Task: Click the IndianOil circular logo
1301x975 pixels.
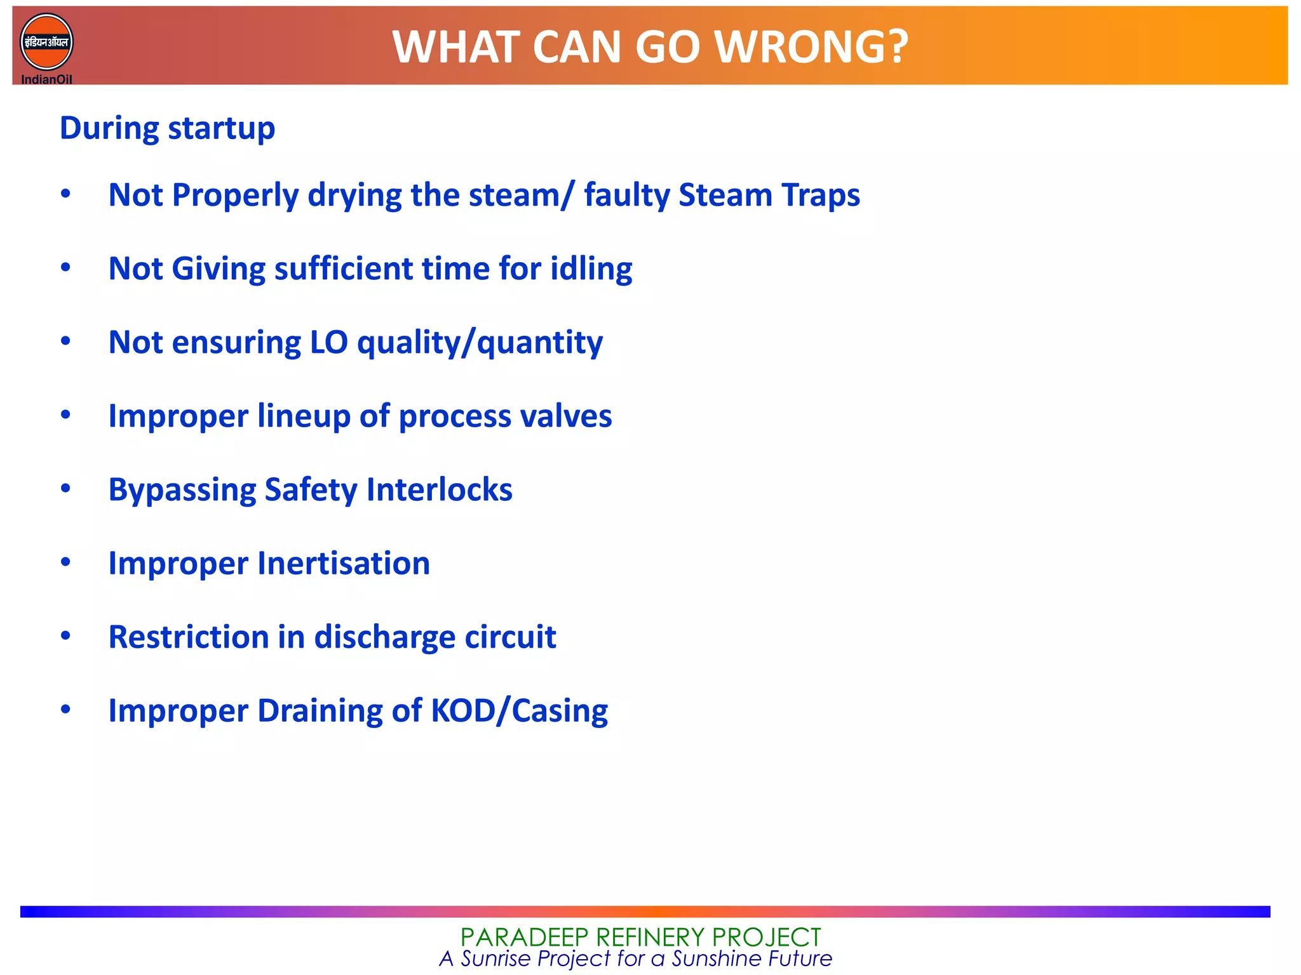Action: [46, 43]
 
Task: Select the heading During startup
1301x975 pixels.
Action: [167, 128]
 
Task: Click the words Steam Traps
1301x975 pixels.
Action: [769, 195]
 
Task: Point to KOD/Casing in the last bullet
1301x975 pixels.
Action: [519, 711]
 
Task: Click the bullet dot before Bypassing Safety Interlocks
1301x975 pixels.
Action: [65, 489]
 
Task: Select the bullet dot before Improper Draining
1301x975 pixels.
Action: [65, 710]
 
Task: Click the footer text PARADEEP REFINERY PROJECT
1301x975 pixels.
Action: [640, 937]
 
